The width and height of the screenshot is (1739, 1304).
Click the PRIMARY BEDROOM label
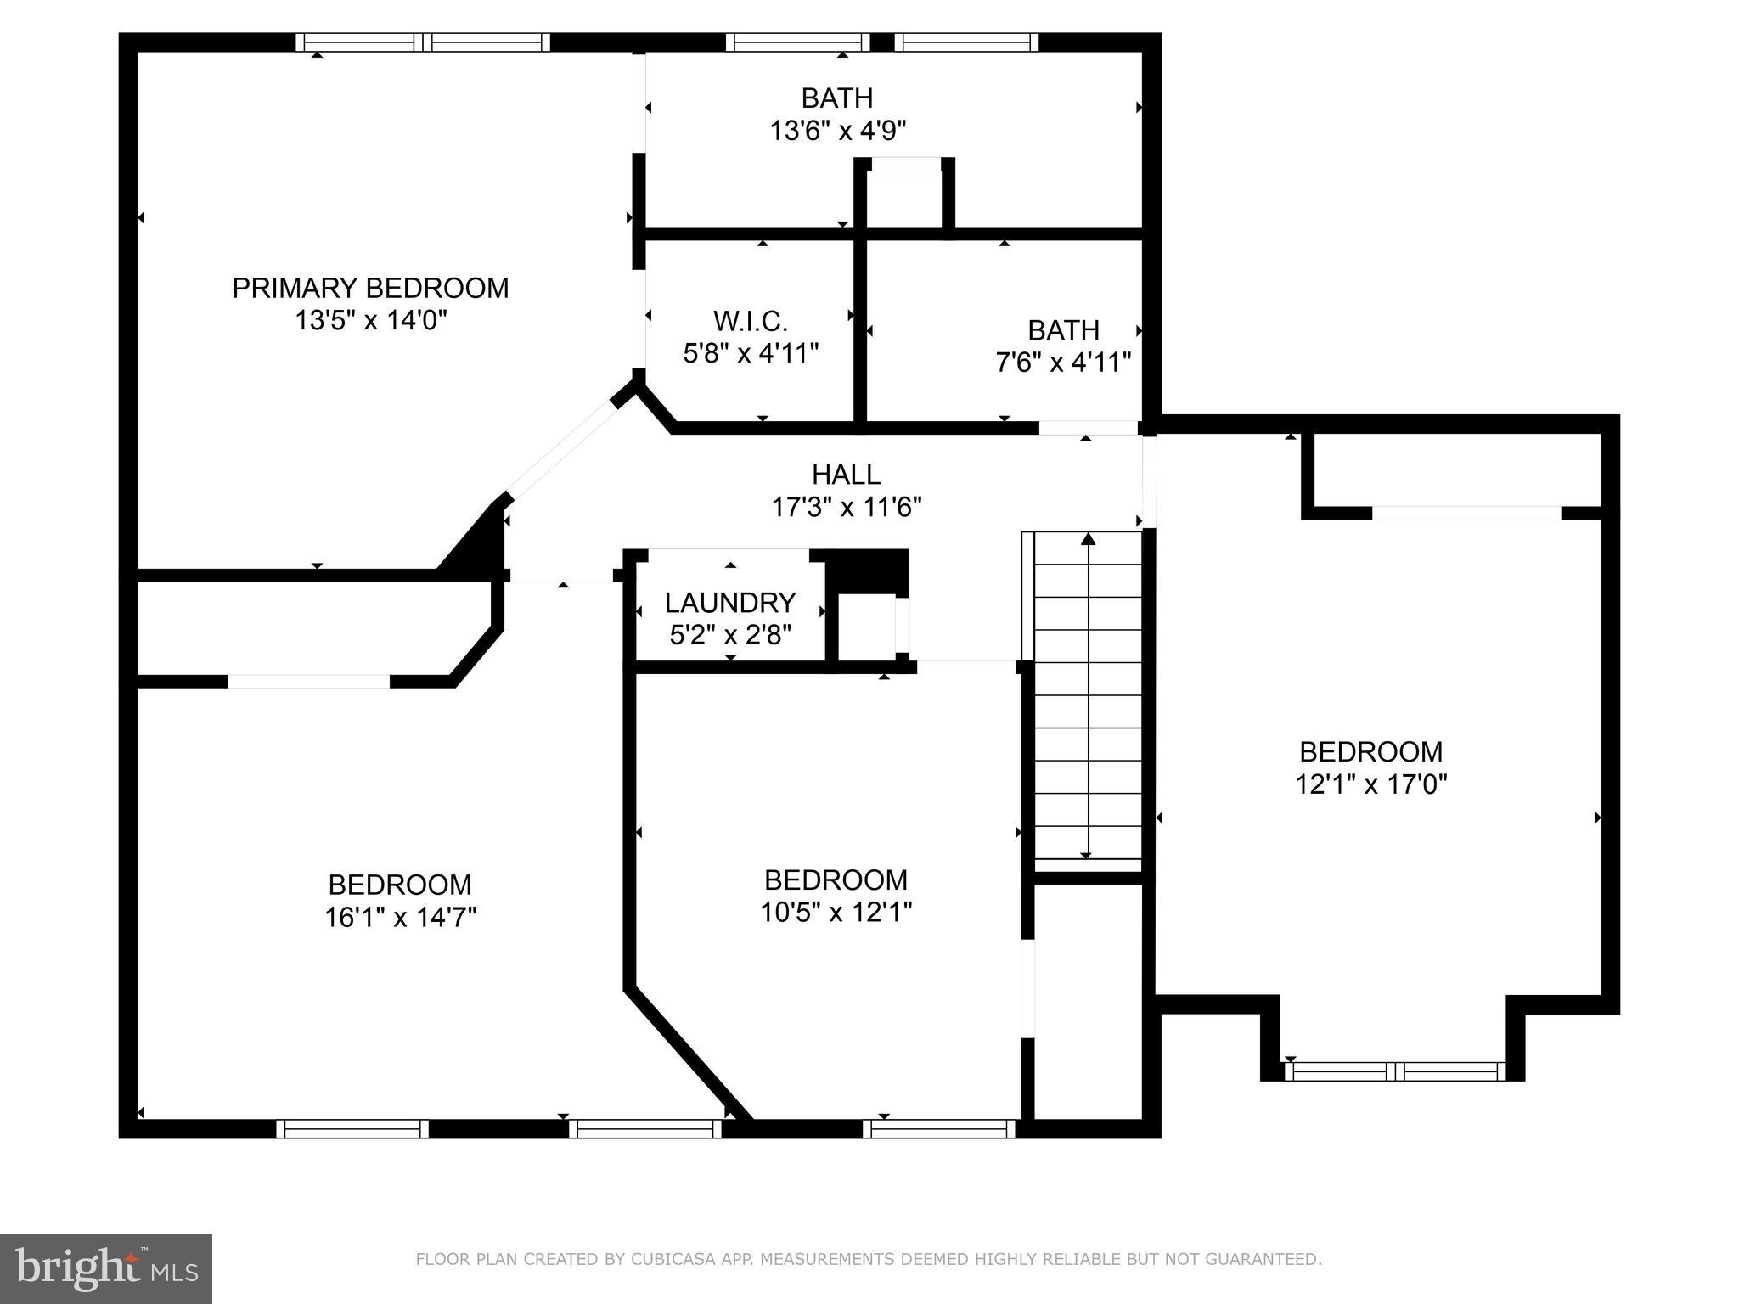(x=370, y=289)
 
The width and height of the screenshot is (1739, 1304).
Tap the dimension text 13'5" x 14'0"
(x=370, y=321)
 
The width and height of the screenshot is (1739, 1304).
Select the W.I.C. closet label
(x=751, y=321)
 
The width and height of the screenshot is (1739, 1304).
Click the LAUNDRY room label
(x=730, y=603)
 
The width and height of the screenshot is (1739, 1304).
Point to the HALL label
(x=846, y=474)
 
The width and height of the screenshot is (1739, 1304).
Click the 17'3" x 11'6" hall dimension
(x=846, y=507)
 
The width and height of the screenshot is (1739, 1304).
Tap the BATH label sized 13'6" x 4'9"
(x=837, y=98)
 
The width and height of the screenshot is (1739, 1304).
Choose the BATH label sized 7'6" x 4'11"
(x=1063, y=329)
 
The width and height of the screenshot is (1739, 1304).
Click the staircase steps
(x=1087, y=696)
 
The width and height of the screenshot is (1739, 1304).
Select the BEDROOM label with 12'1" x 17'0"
(x=1370, y=751)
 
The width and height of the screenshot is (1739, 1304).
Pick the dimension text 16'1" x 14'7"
(x=400, y=917)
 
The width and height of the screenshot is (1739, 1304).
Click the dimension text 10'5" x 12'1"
(x=836, y=912)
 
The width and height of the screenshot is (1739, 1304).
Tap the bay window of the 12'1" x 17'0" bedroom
(x=1394, y=1071)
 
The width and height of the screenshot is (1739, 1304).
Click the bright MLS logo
(x=105, y=1268)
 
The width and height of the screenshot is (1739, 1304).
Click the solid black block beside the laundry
(x=868, y=570)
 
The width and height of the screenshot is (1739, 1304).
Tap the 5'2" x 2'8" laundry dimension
(x=730, y=635)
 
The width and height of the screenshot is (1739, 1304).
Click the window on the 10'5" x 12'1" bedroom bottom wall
(x=939, y=1128)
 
